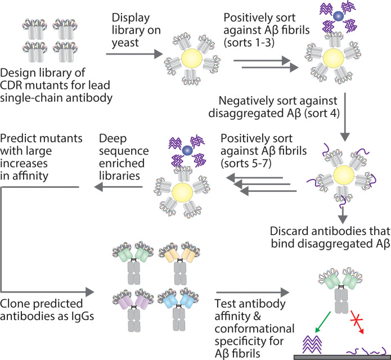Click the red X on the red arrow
356,319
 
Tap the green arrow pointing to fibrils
323,322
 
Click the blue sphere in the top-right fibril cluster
338,16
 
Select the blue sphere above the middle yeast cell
187,150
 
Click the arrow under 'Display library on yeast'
134,54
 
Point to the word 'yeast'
125,43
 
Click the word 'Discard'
289,231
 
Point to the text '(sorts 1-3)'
249,43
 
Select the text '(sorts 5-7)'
246,164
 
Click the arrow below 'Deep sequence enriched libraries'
119,187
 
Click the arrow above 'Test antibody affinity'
253,292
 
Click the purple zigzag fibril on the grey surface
312,345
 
